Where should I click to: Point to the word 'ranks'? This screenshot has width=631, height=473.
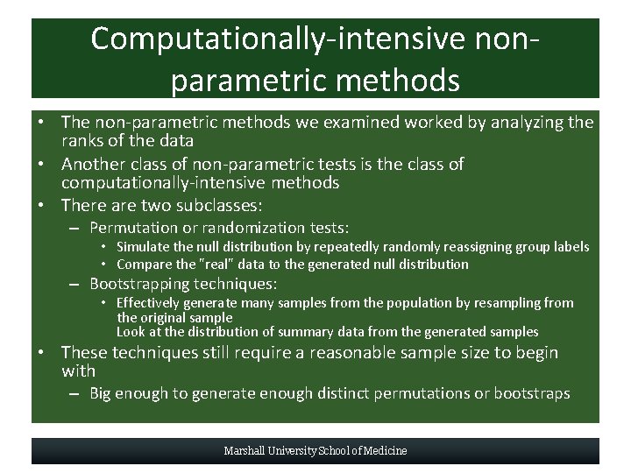(83, 140)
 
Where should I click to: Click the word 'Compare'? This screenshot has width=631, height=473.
(145, 264)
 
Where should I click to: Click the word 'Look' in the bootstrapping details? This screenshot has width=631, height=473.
(132, 331)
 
